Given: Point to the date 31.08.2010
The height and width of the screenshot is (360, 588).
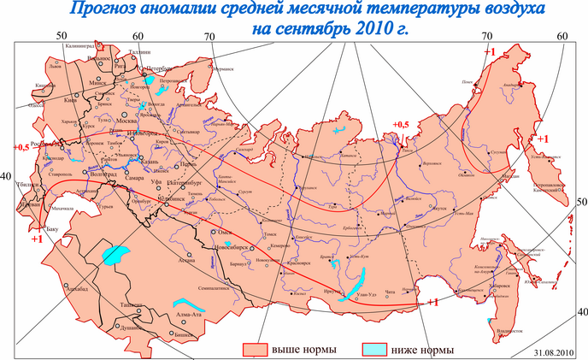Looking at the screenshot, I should pos(556,352).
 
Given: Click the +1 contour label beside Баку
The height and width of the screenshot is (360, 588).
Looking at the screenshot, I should pos(37,239).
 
